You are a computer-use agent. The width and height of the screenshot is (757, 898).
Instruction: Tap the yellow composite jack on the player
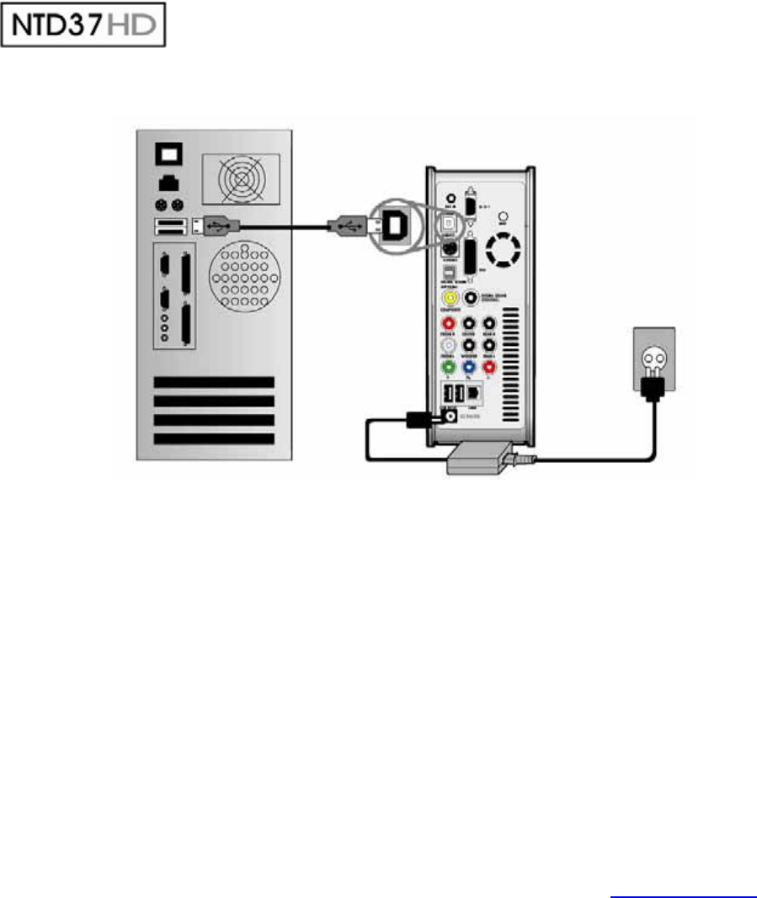point(450,297)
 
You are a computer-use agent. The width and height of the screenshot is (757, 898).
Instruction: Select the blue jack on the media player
point(469,367)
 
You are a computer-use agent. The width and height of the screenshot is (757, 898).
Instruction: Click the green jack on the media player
point(450,367)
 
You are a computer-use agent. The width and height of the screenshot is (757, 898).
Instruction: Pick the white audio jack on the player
point(450,345)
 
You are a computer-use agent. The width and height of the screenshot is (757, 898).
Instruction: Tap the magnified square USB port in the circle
point(395,224)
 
